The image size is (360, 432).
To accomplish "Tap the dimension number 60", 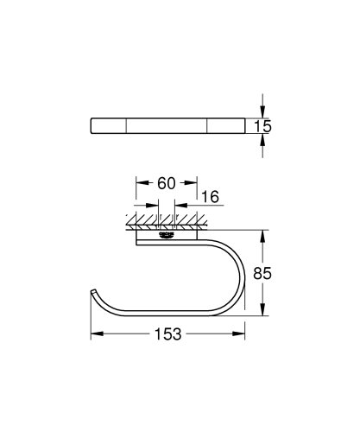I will pos(168,184).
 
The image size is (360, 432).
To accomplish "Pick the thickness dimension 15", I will pos(264,126).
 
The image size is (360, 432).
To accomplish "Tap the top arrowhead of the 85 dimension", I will pos(264,232).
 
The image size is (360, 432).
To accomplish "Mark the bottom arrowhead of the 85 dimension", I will pos(264,315).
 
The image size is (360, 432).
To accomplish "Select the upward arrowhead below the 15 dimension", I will pos(264,140).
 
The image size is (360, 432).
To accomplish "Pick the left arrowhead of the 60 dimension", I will pos(140,184).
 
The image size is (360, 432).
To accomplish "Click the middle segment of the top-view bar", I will pos(168,126).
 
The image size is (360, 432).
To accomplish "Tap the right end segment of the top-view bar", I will pos(227,126).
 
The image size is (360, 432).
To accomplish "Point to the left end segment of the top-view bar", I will pos(110,126).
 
